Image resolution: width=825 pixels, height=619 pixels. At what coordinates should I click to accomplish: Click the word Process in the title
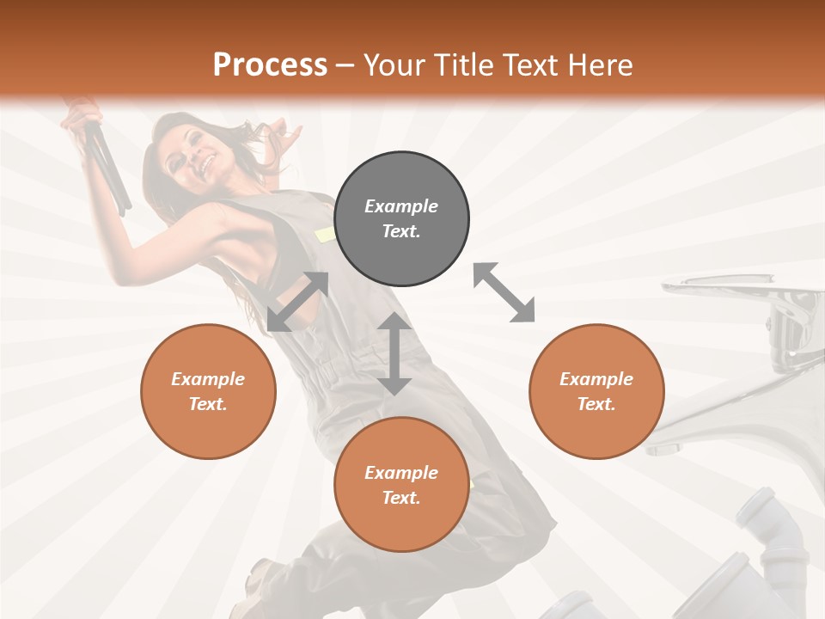[x=270, y=65]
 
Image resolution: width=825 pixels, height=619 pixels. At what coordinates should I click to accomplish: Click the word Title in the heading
[x=462, y=65]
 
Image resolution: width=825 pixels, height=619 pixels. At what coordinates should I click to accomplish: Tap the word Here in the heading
[x=598, y=65]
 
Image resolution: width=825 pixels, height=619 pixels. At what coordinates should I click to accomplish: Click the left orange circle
[x=208, y=391]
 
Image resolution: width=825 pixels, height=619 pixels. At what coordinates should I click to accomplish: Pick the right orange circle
[x=596, y=391]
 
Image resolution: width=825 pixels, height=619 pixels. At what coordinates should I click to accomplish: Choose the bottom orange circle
[x=401, y=485]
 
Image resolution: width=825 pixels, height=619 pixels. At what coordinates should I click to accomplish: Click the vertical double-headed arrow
[x=394, y=353]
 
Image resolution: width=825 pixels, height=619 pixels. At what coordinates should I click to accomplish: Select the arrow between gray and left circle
[x=297, y=301]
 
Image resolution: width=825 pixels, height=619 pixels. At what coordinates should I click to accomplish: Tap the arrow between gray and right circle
[x=504, y=292]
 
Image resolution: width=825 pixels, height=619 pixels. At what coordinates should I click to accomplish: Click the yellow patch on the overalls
[x=326, y=234]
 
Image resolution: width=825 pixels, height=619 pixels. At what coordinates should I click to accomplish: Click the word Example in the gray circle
[x=401, y=206]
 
